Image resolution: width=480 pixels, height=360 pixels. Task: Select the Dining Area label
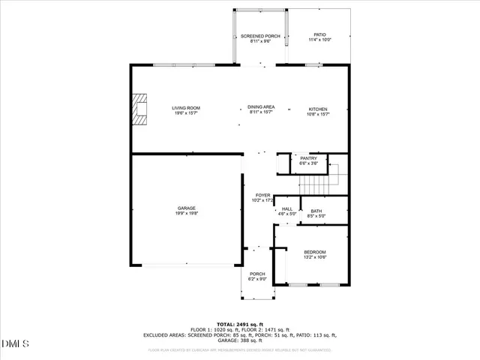(259, 108)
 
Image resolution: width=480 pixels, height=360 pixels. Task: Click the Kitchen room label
(318, 109)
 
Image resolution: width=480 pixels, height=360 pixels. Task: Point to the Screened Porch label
(259, 36)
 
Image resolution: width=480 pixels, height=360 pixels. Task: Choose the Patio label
(319, 34)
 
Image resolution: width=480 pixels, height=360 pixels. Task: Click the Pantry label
(308, 158)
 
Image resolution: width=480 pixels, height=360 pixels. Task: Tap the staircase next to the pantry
(315, 181)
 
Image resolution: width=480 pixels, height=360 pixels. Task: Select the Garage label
(186, 208)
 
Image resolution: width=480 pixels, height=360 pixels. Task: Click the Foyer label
(262, 195)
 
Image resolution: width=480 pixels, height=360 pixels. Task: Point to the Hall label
(287, 209)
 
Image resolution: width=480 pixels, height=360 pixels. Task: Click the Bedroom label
(314, 252)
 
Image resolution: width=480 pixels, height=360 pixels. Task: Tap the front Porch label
(257, 274)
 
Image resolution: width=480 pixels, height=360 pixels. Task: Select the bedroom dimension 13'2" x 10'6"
(314, 257)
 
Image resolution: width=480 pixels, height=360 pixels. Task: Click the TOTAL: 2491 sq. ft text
(239, 324)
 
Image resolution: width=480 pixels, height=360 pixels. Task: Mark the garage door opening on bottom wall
(186, 265)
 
